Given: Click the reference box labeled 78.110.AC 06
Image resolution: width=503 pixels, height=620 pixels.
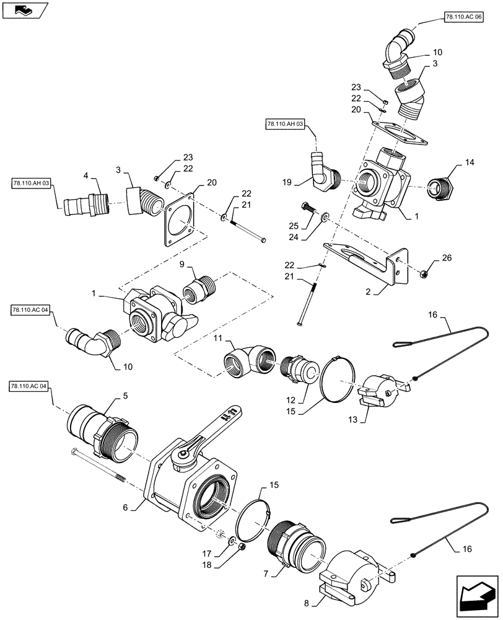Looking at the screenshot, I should coord(464,18).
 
